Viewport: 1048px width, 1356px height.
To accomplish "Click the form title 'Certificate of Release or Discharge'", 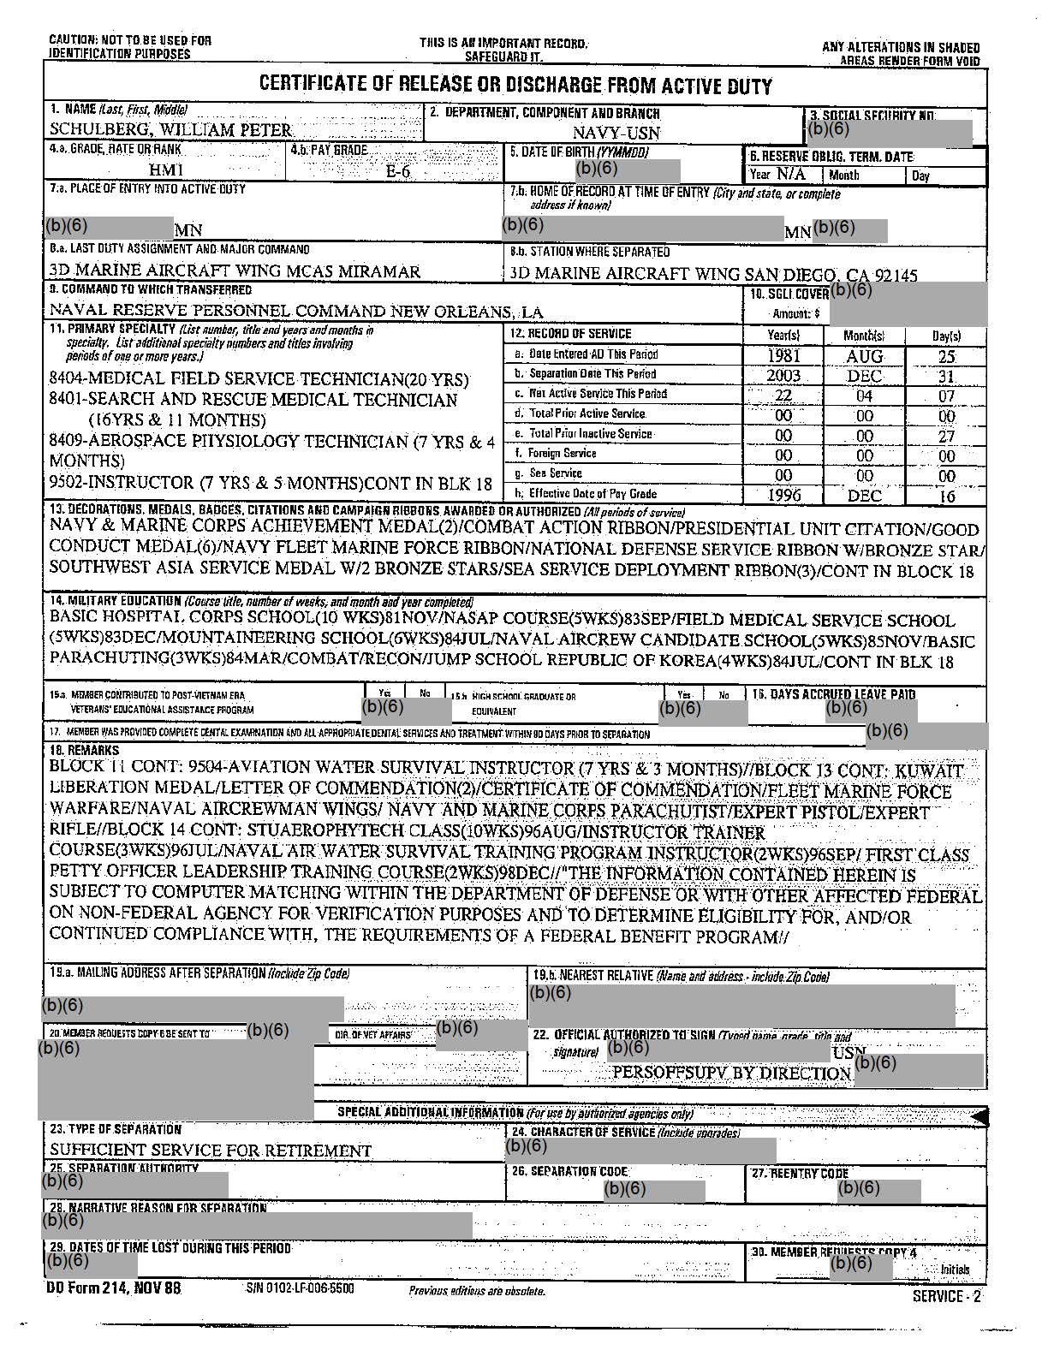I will point(515,86).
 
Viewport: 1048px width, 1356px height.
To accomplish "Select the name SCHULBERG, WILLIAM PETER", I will point(170,130).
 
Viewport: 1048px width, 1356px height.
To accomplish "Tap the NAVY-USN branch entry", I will point(616,133).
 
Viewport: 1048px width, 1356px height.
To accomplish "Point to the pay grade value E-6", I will point(398,171).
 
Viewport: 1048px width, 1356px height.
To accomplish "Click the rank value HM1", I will point(166,171).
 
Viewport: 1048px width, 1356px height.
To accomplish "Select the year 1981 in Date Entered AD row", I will point(783,356).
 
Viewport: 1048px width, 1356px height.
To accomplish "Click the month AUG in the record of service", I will point(864,356).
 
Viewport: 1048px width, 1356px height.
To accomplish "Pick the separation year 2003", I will point(783,376).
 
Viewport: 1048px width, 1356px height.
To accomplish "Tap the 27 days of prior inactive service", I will point(945,436).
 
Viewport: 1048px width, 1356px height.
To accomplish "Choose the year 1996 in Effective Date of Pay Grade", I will point(783,495).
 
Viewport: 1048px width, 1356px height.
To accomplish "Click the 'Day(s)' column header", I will point(946,336).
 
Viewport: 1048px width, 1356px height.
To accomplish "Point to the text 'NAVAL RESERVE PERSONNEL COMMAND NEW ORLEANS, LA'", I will point(295,312).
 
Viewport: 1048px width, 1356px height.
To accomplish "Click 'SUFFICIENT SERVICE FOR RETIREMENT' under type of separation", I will point(211,1151).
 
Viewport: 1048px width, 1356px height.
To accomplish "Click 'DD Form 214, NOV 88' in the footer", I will point(113,1288).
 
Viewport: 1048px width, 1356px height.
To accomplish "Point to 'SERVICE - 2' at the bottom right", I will point(947,1296).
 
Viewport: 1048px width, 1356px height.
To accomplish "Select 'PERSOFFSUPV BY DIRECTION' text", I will point(732,1073).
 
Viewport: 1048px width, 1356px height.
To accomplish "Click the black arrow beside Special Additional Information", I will point(980,1115).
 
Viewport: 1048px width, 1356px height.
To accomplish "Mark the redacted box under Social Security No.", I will point(889,132).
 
